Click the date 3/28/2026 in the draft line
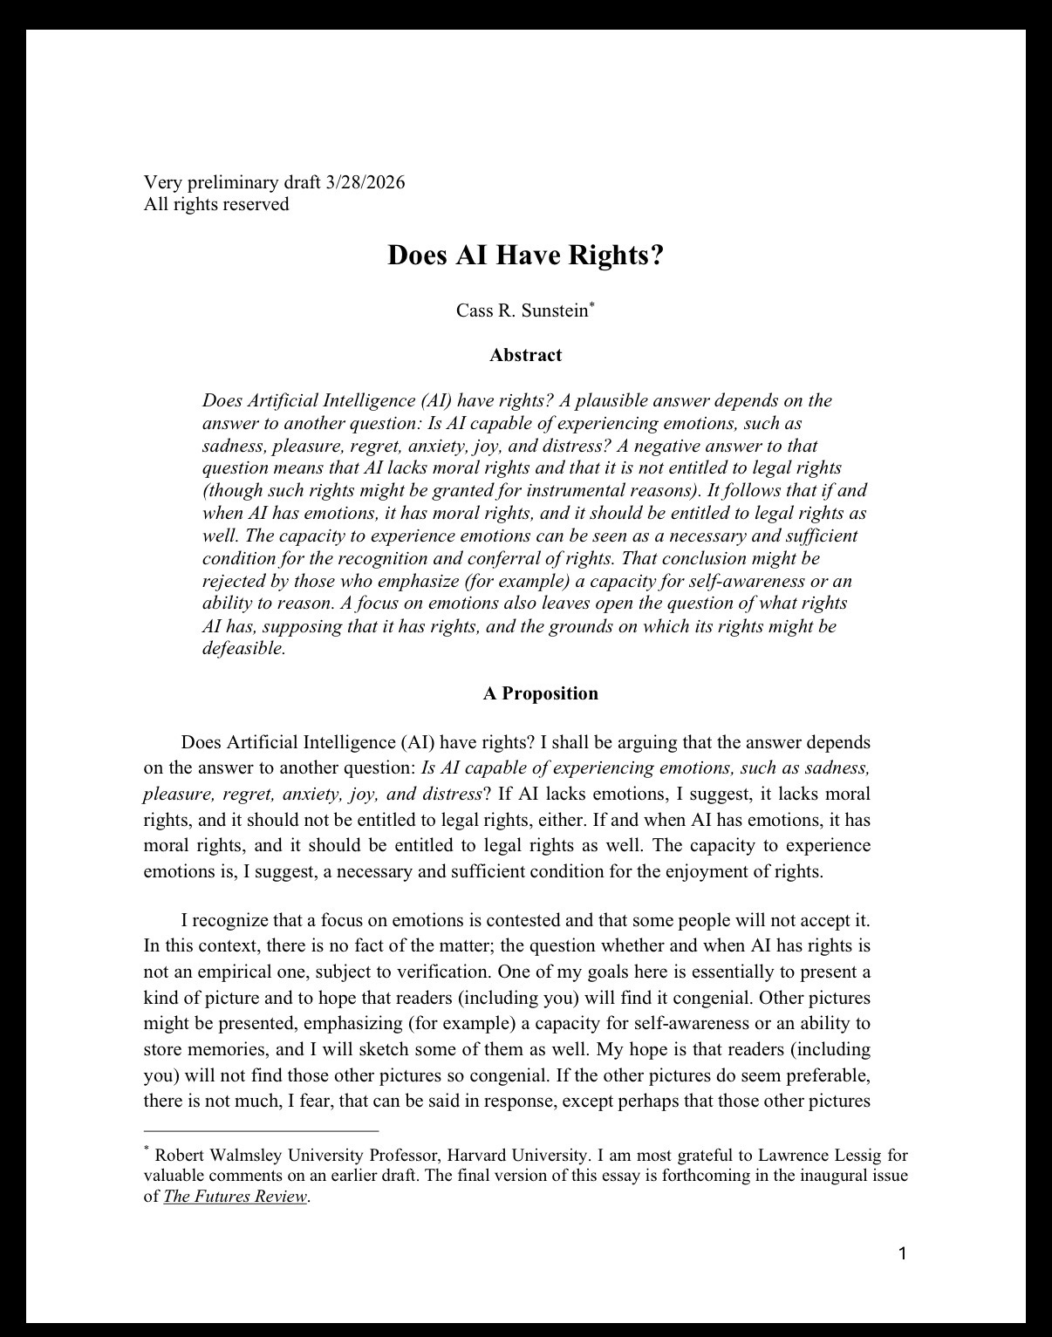click(x=365, y=183)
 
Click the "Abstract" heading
click(x=525, y=355)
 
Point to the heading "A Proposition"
click(x=540, y=693)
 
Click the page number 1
click(x=903, y=1254)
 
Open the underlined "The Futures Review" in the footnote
click(x=235, y=1197)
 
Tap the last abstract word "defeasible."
click(x=243, y=649)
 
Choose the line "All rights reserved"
click(x=215, y=205)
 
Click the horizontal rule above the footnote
click(x=261, y=1131)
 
